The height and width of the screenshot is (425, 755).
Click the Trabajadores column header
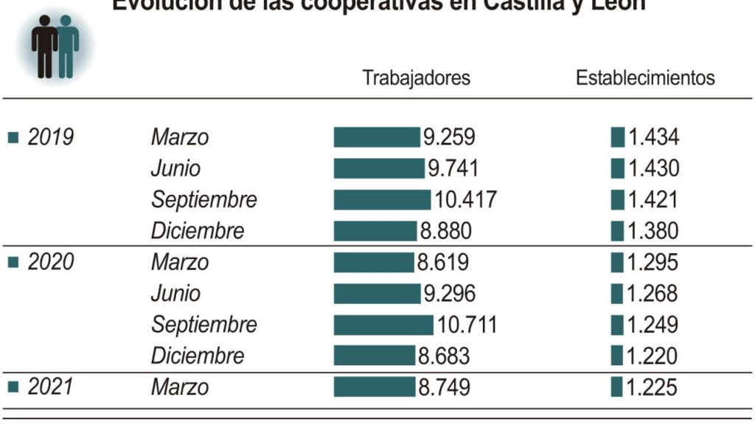[x=416, y=78]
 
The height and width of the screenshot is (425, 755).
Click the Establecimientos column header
[x=644, y=78]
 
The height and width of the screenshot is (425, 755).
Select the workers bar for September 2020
[x=383, y=325]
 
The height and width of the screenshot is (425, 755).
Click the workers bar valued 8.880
[x=375, y=231]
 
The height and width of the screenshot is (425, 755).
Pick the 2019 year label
[x=50, y=137]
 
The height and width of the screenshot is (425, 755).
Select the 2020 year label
[x=50, y=262]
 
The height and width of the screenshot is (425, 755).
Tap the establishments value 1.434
[x=653, y=137]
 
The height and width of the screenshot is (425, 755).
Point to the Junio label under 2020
[x=175, y=294]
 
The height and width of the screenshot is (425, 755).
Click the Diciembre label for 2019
[x=197, y=231]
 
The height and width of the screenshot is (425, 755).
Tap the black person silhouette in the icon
[x=45, y=46]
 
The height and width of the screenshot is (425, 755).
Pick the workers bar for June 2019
[x=379, y=168]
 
